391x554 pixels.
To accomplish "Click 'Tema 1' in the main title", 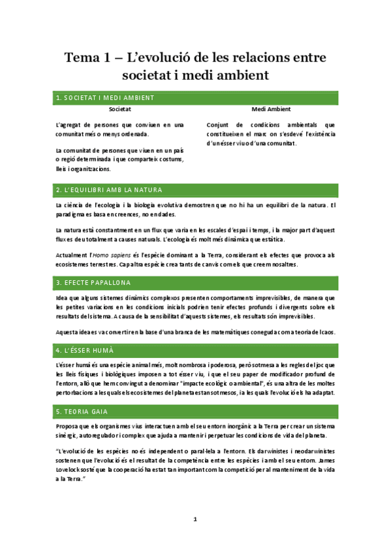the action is click(89, 57).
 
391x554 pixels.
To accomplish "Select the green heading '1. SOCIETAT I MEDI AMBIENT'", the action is click(105, 98).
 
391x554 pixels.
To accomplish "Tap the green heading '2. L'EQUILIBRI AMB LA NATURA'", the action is click(109, 190).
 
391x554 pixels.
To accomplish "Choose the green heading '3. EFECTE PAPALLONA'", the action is click(93, 282).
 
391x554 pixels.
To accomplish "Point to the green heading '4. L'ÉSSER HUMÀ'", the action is click(85, 350).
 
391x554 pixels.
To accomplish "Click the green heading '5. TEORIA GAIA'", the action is click(82, 411).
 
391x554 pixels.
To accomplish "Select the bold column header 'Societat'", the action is click(120, 109).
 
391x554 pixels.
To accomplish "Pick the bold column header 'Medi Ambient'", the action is click(271, 109).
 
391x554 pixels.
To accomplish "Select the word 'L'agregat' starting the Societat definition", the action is click(70, 124).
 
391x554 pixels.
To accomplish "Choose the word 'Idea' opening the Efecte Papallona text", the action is click(63, 297).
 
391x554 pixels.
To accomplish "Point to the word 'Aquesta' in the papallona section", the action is click(67, 332).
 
